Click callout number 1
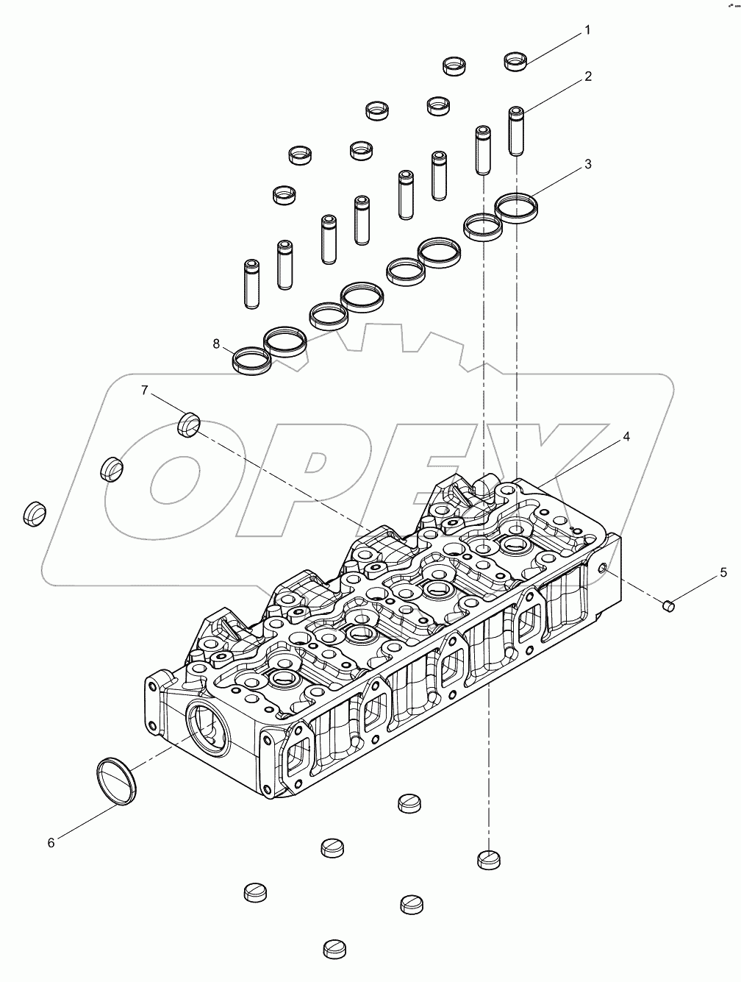pyautogui.click(x=587, y=30)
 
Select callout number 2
pyautogui.click(x=588, y=77)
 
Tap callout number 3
pyautogui.click(x=588, y=165)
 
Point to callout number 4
pyautogui.click(x=626, y=437)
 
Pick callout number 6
pyautogui.click(x=51, y=843)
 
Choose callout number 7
pyautogui.click(x=145, y=389)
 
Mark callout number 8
pyautogui.click(x=217, y=343)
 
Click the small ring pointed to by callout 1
pyautogui.click(x=516, y=61)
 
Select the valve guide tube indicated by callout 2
pyautogui.click(x=517, y=130)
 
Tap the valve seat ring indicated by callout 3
pyautogui.click(x=516, y=205)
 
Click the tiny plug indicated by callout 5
pyautogui.click(x=668, y=605)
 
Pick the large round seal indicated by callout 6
pyautogui.click(x=118, y=781)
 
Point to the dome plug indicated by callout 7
pyautogui.click(x=190, y=424)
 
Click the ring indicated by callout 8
pyautogui.click(x=251, y=360)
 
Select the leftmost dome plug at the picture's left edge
pyautogui.click(x=33, y=513)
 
